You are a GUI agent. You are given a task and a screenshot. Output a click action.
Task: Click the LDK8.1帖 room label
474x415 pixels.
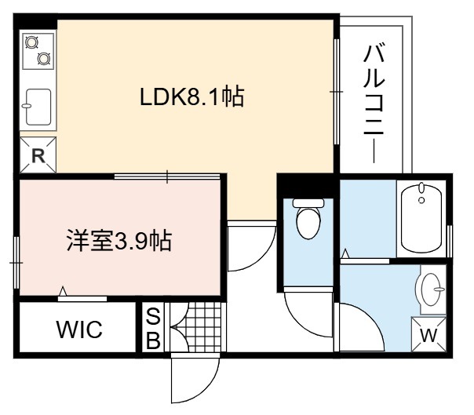pyautogui.click(x=191, y=96)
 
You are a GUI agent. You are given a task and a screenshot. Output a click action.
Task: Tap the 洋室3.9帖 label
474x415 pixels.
pyautogui.click(x=119, y=241)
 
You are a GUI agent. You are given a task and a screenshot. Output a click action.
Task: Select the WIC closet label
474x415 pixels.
pyautogui.click(x=79, y=329)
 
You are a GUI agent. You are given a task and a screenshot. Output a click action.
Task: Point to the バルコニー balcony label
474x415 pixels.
pyautogui.click(x=374, y=104)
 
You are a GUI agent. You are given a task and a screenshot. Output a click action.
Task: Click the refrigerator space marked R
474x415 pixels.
pyautogui.click(x=38, y=155)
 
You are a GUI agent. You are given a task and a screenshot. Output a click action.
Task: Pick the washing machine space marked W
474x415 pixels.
pyautogui.click(x=429, y=335)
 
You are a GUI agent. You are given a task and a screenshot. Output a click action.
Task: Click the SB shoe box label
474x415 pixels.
pyautogui.click(x=153, y=329)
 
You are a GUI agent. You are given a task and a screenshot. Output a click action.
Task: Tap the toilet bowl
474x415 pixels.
pyautogui.click(x=308, y=218)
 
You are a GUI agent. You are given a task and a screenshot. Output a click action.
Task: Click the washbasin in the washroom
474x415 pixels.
pyautogui.click(x=431, y=289)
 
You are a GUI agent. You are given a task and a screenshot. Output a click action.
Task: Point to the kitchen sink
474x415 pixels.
pyautogui.click(x=38, y=107)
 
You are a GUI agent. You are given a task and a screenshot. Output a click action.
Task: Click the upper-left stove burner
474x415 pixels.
pyautogui.click(x=31, y=42)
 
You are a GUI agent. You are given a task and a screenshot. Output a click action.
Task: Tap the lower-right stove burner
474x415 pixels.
pyautogui.click(x=44, y=58)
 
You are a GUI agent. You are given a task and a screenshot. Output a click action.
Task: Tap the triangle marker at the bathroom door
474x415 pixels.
pyautogui.click(x=345, y=253)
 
